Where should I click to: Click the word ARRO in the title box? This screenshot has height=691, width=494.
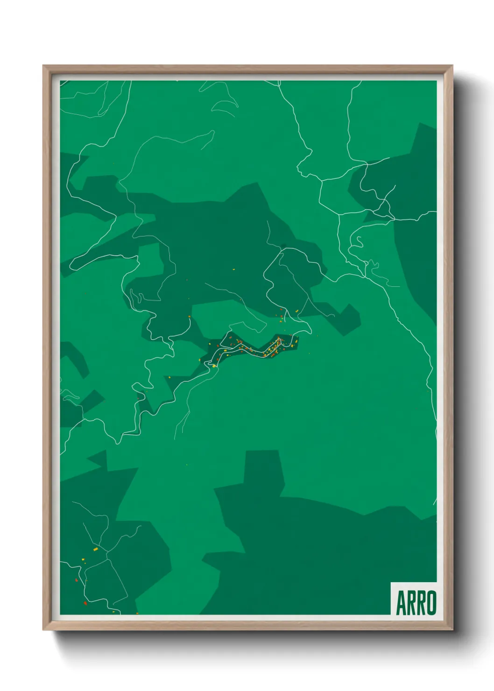point(416,603)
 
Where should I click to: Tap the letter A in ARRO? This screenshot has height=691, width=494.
point(401,603)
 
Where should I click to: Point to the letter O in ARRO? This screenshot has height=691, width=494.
point(431,603)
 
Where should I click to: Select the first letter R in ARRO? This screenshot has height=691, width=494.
point(411,603)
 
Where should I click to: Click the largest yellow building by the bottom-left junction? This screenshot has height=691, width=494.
point(96,549)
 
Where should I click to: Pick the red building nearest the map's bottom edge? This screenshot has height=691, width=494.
point(85,603)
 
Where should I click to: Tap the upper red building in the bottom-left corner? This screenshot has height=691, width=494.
point(77,580)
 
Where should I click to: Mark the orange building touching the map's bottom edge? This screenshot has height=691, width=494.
point(137,613)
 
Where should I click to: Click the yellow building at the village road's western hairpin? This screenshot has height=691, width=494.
point(214,366)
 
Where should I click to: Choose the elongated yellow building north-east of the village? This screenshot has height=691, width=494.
point(296,311)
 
